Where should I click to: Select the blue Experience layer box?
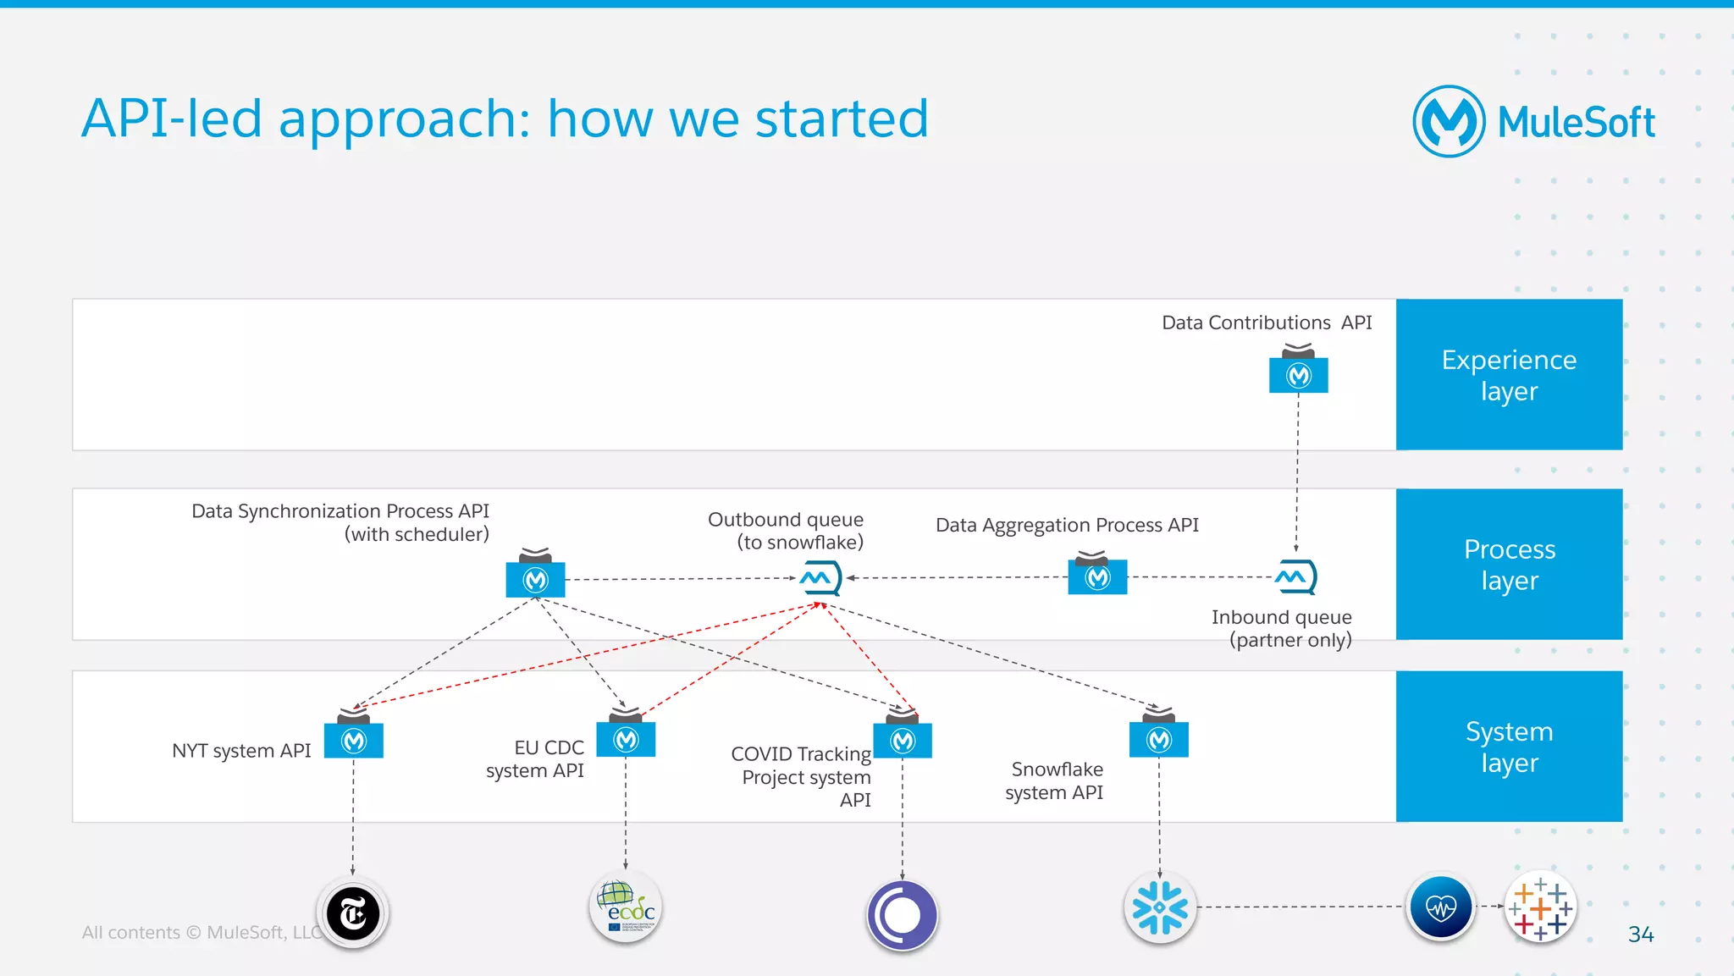pyautogui.click(x=1509, y=374)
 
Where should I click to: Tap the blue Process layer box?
pyautogui.click(x=1509, y=564)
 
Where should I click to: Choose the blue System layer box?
pyautogui.click(x=1509, y=746)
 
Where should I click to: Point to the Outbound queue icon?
pyautogui.click(x=820, y=578)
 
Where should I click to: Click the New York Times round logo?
pyautogui.click(x=353, y=913)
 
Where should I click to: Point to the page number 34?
pyautogui.click(x=1640, y=934)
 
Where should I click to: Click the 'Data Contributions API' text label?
pyautogui.click(x=1266, y=323)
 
